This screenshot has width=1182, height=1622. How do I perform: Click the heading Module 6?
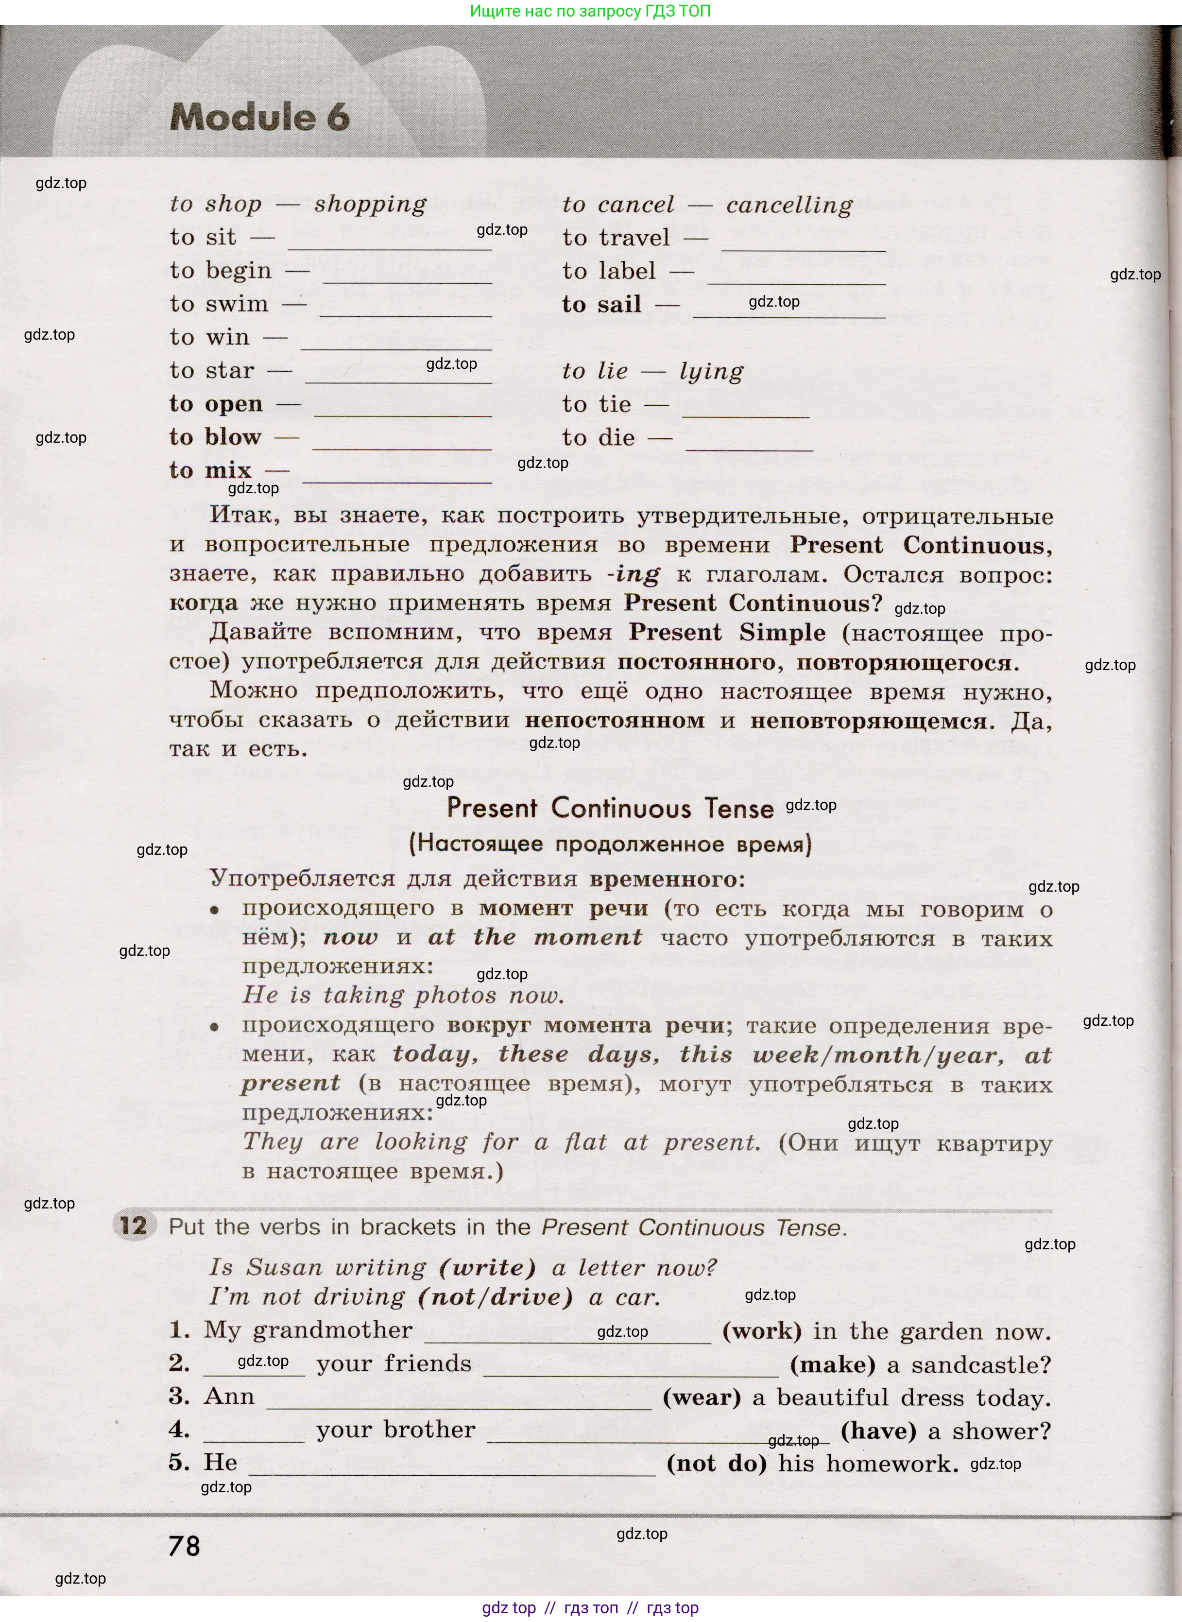click(x=260, y=117)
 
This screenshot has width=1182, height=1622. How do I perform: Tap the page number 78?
click(x=185, y=1546)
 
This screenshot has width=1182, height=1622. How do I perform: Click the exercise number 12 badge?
click(x=133, y=1225)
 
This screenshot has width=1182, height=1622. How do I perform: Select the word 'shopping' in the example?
click(x=370, y=205)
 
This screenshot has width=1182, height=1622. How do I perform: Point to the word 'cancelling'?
click(x=789, y=206)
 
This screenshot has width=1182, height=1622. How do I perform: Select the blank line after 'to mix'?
click(x=397, y=477)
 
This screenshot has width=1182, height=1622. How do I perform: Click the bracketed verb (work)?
click(x=761, y=1331)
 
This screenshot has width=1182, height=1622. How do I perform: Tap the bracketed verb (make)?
click(x=832, y=1364)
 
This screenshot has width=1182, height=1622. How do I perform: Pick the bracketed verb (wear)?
click(x=701, y=1398)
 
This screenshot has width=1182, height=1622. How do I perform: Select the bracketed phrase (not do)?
click(x=716, y=1463)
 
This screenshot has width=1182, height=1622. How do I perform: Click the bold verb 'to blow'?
click(x=215, y=437)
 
